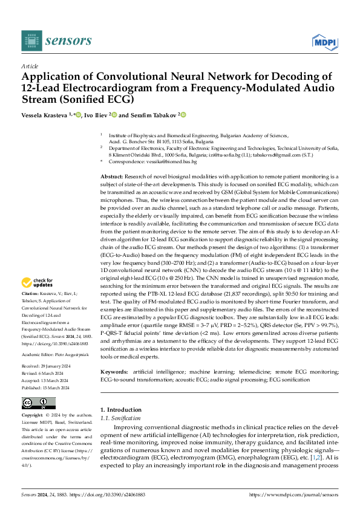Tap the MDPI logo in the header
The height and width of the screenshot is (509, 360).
pos(324,41)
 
